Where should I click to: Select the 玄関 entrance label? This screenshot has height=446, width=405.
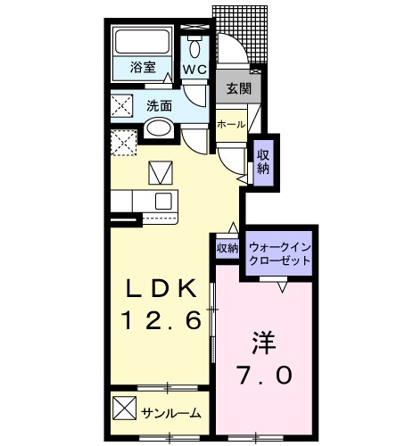[x=237, y=89]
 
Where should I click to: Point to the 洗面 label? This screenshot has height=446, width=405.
[x=160, y=105]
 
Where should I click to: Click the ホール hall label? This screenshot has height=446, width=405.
[x=232, y=125]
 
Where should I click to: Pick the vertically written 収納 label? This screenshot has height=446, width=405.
[x=264, y=161]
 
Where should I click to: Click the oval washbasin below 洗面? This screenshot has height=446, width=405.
[x=159, y=128]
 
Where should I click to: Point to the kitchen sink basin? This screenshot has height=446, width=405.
[x=163, y=201]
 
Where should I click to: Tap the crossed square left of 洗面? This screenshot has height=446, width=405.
[x=122, y=105]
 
